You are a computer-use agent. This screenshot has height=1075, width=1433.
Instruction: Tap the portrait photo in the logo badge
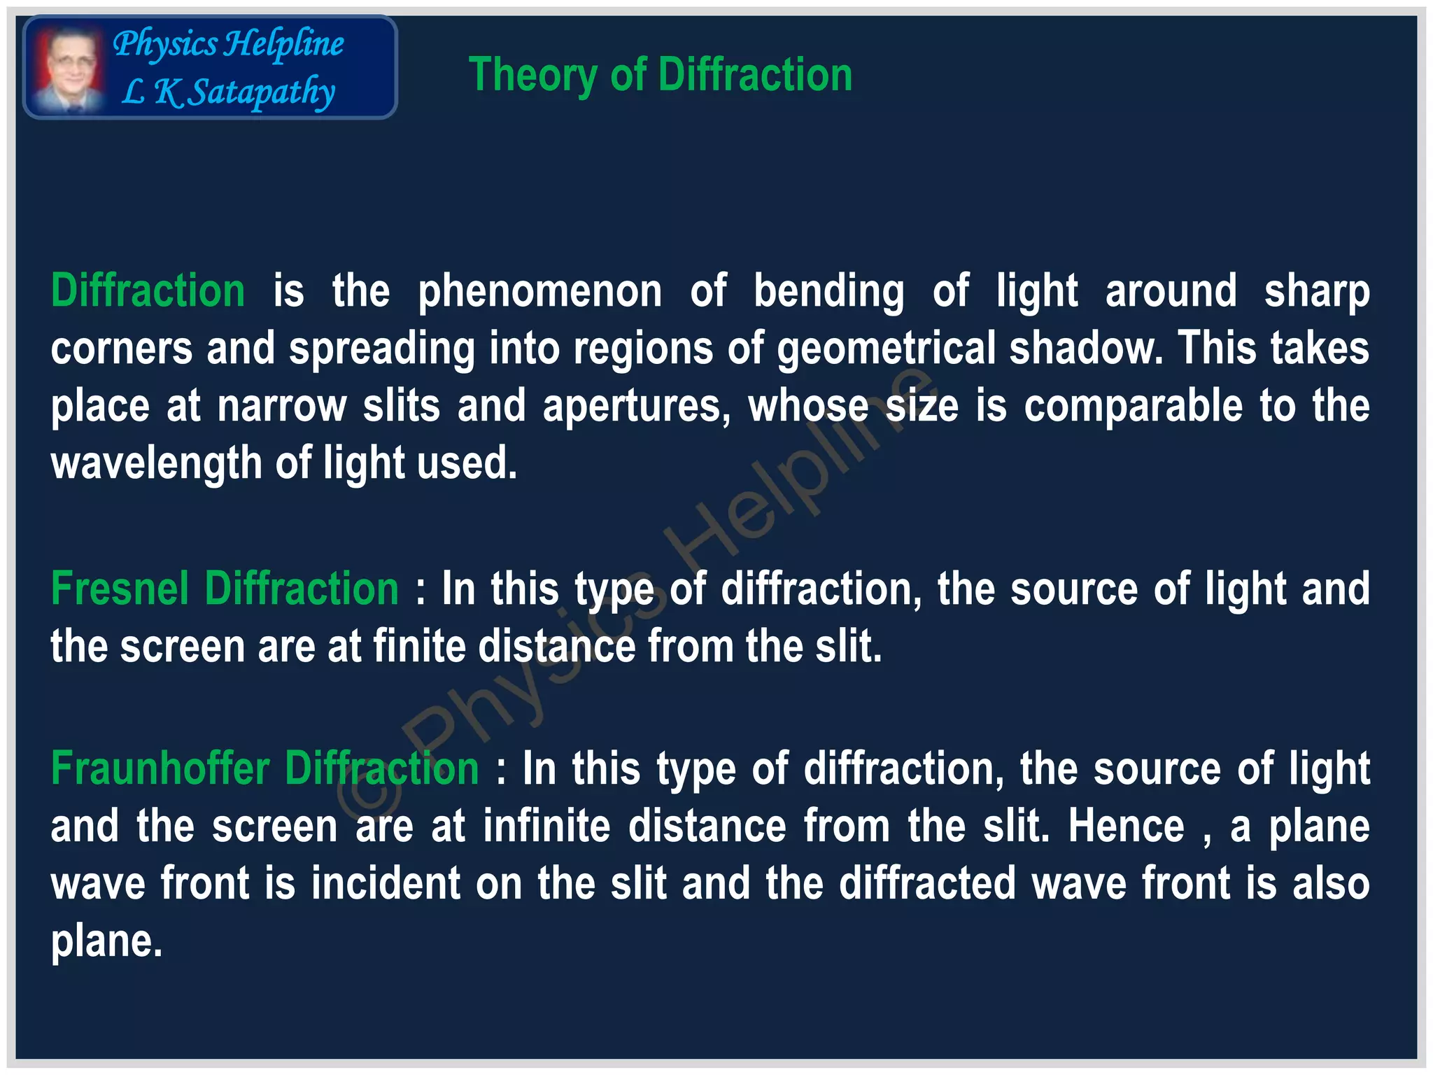69,69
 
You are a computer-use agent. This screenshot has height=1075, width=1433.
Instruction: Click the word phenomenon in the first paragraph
539,292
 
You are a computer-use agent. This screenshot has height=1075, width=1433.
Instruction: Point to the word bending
828,292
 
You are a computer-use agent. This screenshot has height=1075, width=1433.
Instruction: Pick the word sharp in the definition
1316,292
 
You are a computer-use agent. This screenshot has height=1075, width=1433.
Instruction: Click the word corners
121,349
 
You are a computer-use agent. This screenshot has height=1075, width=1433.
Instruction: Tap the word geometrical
886,349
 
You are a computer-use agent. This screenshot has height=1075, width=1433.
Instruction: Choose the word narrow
281,407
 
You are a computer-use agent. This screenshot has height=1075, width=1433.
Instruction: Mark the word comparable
1133,407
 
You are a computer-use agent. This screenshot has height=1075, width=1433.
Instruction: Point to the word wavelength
155,464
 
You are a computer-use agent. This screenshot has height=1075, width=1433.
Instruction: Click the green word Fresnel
120,589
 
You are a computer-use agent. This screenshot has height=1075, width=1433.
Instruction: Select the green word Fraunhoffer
160,768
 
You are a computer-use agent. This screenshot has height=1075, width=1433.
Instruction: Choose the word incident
386,883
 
